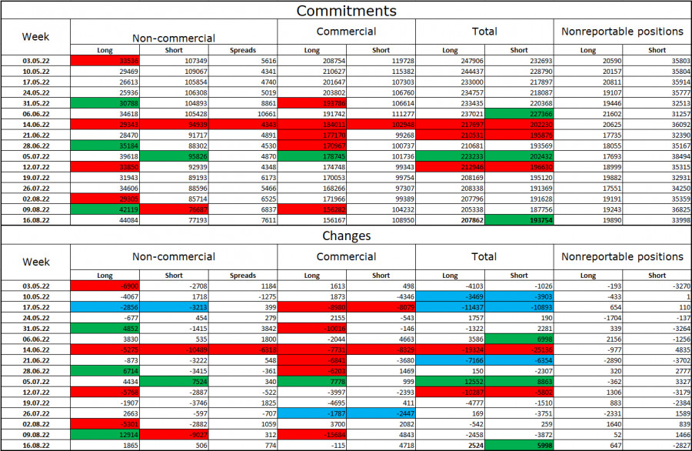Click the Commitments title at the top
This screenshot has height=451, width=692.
click(346, 10)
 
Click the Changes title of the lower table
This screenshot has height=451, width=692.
click(346, 236)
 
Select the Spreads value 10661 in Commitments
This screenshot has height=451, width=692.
click(242, 113)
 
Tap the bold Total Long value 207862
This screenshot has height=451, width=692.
click(450, 219)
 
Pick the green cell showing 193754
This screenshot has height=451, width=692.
click(519, 219)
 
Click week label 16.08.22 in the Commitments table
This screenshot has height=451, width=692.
click(35, 219)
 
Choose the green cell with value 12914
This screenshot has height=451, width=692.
click(105, 434)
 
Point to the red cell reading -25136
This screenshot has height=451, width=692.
click(519, 349)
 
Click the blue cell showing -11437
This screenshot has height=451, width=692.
click(450, 306)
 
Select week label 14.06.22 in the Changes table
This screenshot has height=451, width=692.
click(35, 349)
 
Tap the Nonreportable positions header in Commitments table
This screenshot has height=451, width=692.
click(622, 32)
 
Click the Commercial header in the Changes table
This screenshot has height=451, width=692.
click(346, 256)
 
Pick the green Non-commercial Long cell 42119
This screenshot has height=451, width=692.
click(105, 209)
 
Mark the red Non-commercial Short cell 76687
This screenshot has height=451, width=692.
click(174, 209)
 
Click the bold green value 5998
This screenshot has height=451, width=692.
click(519, 445)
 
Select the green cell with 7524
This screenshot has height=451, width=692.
click(174, 381)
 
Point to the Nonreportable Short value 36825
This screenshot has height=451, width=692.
click(657, 209)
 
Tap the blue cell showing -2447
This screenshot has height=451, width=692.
click(381, 413)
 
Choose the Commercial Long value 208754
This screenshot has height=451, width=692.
click(311, 60)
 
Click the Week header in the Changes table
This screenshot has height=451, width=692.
click(35, 262)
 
